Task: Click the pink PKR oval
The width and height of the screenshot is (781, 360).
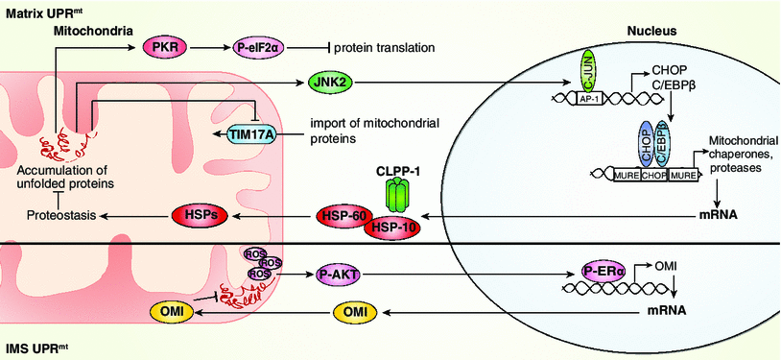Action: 162,47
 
